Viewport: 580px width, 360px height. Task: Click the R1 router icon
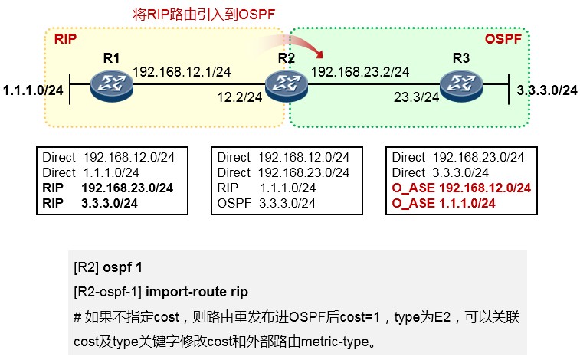(112, 86)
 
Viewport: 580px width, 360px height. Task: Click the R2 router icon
(287, 86)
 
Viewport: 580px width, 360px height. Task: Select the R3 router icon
(461, 86)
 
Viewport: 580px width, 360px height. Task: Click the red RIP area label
(65, 39)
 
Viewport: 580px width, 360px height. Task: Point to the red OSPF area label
(503, 39)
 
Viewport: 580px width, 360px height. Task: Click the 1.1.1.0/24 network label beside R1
(33, 90)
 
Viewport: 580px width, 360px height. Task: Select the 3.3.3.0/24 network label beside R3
(547, 90)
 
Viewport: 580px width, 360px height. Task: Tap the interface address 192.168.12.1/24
(182, 72)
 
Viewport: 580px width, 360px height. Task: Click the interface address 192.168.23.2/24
(360, 72)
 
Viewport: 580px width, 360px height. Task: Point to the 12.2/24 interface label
(240, 97)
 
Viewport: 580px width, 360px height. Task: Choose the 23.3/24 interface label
(416, 97)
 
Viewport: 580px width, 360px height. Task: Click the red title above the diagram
(204, 15)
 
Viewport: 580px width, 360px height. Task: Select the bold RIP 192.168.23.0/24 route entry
(107, 188)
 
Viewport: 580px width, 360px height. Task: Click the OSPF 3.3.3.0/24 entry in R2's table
(267, 203)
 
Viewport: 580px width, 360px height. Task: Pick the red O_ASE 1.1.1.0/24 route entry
(444, 203)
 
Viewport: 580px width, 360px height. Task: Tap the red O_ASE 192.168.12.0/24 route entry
(461, 188)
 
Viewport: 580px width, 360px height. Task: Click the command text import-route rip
(197, 292)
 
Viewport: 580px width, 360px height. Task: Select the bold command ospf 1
(123, 267)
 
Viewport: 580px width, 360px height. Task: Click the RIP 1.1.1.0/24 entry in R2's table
(267, 188)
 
